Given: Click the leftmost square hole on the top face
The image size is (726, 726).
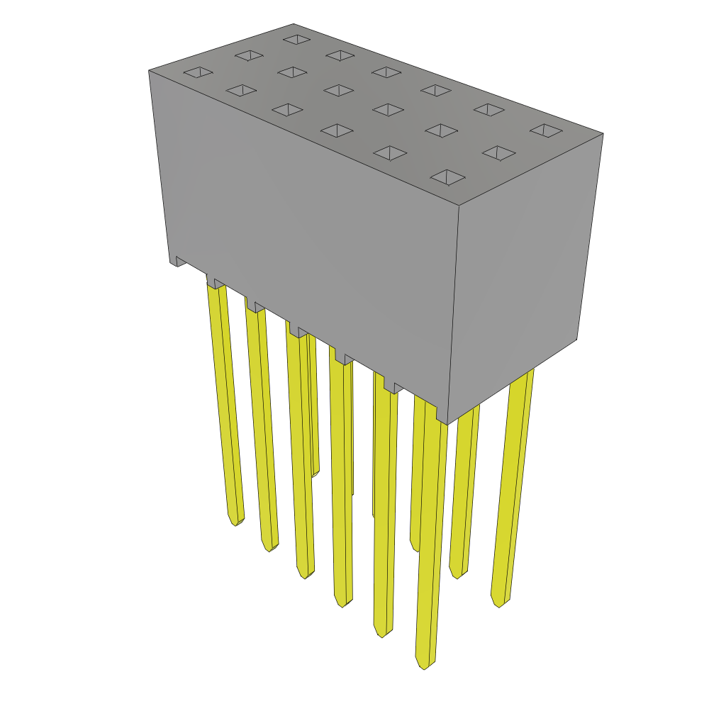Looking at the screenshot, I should (x=198, y=72).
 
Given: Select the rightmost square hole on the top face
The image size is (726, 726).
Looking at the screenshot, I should (x=546, y=130).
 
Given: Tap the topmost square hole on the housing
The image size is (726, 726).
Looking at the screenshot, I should (x=296, y=39).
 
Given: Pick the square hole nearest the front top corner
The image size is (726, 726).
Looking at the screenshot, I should (x=447, y=177).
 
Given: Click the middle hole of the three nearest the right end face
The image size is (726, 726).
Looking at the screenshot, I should (x=498, y=152).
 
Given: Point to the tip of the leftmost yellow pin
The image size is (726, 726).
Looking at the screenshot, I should (x=235, y=522).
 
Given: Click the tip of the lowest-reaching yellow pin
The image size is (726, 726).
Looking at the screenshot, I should (x=424, y=665).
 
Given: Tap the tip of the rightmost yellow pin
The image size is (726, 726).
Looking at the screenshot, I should (x=500, y=603).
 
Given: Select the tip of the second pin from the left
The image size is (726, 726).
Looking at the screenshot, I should (x=269, y=547).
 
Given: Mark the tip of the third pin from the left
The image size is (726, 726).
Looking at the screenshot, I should (x=305, y=575).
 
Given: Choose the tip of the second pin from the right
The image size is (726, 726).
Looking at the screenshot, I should (x=457, y=575).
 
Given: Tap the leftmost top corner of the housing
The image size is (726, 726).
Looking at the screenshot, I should (x=150, y=70).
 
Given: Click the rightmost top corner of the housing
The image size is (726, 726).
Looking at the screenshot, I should (x=603, y=134).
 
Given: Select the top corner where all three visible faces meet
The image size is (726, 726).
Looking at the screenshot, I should (x=459, y=206).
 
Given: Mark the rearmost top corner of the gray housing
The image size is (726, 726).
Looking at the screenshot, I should (x=294, y=24).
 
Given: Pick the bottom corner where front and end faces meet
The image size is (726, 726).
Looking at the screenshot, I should (x=447, y=423).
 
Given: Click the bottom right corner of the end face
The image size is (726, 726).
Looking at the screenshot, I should (x=576, y=339).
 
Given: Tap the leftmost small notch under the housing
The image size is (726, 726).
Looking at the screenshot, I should (x=181, y=262).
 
